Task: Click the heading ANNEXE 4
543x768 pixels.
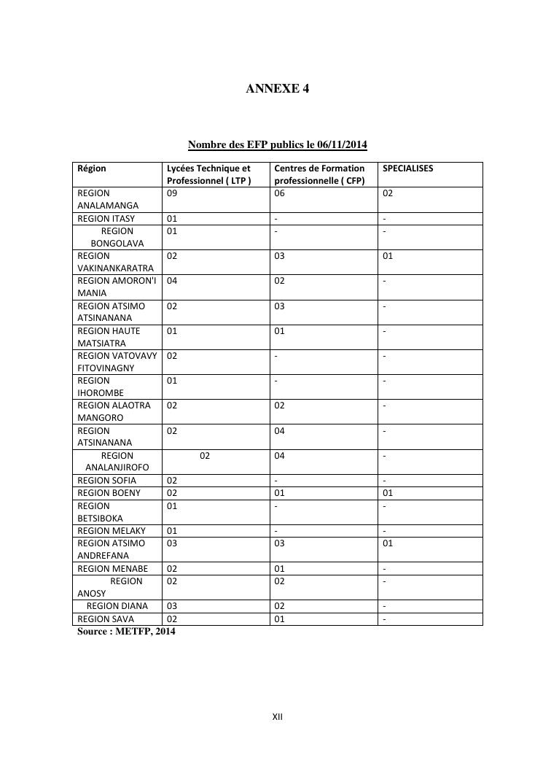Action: pyautogui.click(x=277, y=89)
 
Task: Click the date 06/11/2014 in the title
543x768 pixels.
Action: pyautogui.click(x=342, y=144)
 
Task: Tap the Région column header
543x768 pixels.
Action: pyautogui.click(x=92, y=168)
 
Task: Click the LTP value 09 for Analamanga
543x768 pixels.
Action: pyautogui.click(x=172, y=193)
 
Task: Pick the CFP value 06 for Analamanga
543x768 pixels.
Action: pyautogui.click(x=279, y=193)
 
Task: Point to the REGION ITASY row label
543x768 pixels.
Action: pyautogui.click(x=106, y=218)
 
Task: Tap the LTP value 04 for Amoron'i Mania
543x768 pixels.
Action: pyautogui.click(x=172, y=281)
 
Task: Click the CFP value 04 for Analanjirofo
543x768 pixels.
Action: pyautogui.click(x=279, y=456)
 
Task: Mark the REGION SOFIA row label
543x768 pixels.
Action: pyautogui.click(x=106, y=481)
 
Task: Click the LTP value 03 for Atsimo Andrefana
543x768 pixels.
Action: pyautogui.click(x=172, y=543)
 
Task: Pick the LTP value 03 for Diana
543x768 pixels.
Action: pyautogui.click(x=172, y=606)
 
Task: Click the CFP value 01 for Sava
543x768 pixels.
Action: pyautogui.click(x=279, y=619)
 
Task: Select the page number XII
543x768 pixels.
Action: pyautogui.click(x=277, y=717)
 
